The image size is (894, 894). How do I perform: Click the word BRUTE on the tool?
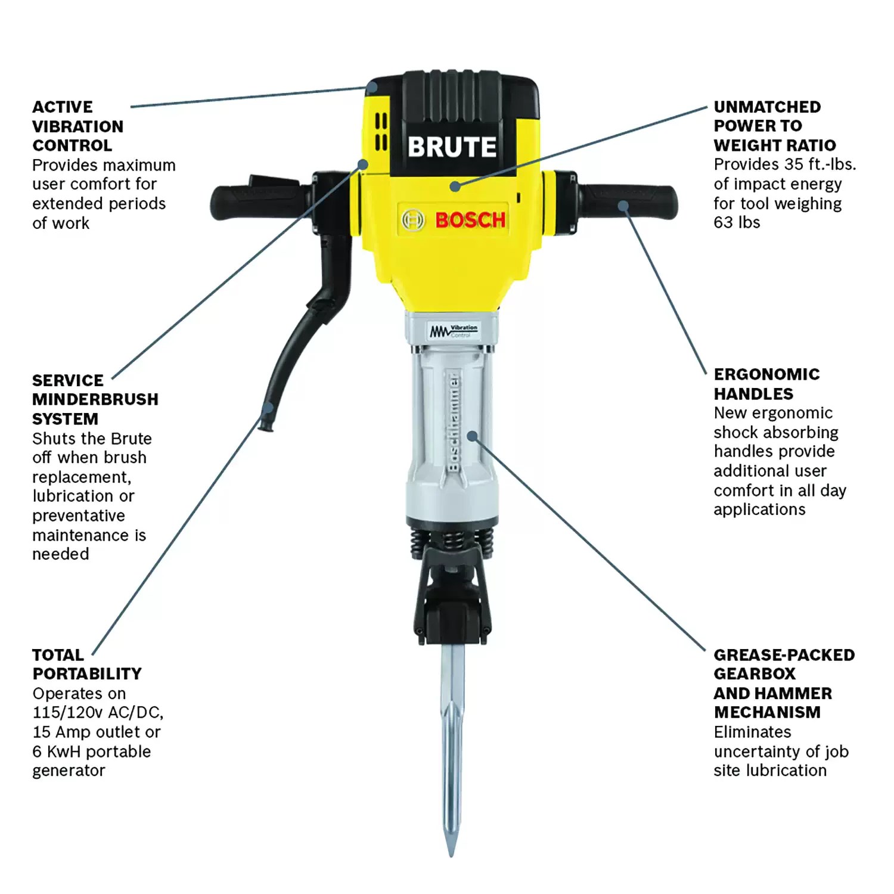[452, 147]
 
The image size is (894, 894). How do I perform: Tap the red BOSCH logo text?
[470, 220]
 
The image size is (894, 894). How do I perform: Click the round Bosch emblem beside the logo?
[412, 220]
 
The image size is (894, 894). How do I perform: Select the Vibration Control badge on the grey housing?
[454, 331]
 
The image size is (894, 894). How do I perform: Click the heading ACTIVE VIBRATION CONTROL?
[77, 126]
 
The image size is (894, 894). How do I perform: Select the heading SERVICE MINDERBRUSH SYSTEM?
[95, 399]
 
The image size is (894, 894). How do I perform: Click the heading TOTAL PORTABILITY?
[86, 664]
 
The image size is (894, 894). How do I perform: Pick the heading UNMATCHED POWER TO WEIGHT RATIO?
[774, 126]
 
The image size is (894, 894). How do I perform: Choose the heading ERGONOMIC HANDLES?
[766, 384]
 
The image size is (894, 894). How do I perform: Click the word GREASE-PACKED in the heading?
[784, 655]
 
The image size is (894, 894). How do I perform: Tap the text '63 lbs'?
[737, 222]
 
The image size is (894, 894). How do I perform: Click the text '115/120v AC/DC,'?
[98, 712]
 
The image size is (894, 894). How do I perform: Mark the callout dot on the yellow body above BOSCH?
[455, 186]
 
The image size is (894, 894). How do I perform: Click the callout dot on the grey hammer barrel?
[472, 436]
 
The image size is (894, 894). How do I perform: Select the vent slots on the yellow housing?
[380, 132]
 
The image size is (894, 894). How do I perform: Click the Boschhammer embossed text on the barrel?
[454, 423]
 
